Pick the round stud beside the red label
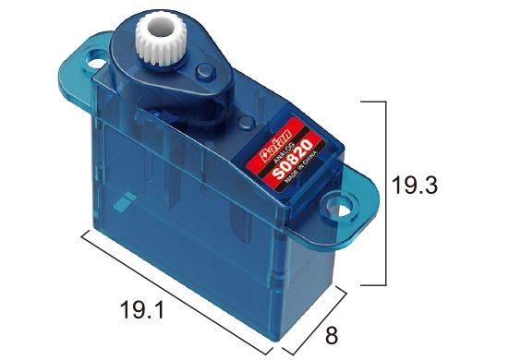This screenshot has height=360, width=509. pyautogui.click(x=244, y=124)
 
